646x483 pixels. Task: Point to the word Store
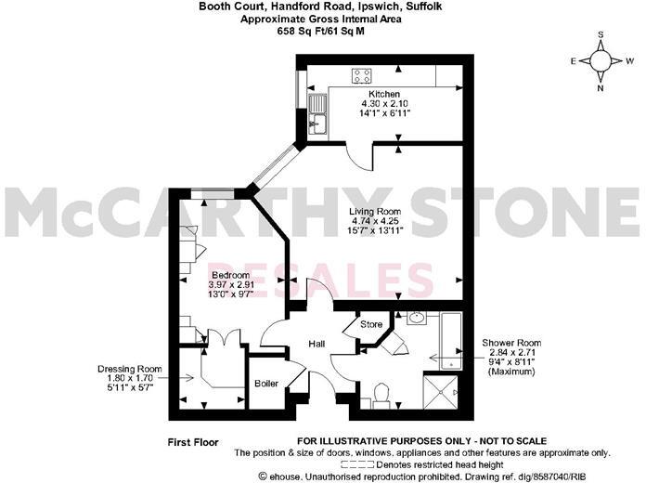click(371, 325)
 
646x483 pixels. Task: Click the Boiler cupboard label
click(267, 383)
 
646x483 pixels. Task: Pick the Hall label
click(317, 345)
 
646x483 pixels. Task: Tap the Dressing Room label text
click(130, 369)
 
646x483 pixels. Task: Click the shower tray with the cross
click(443, 391)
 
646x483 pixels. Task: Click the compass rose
click(602, 61)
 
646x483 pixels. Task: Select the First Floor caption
click(192, 440)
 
